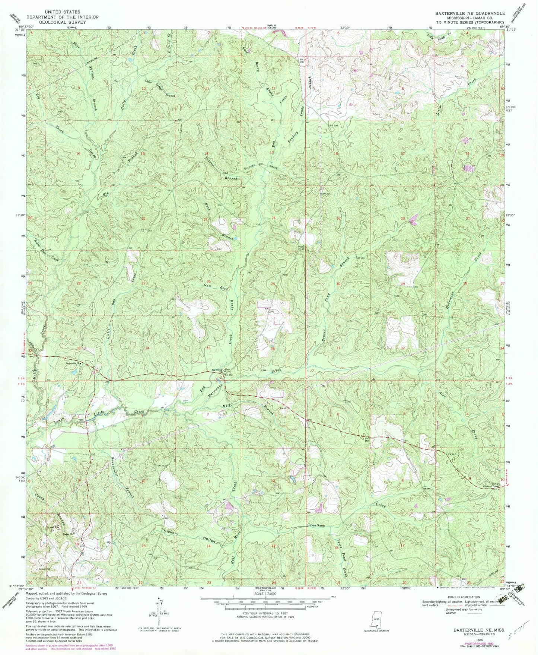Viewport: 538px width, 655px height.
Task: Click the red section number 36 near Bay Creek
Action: (273, 349)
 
